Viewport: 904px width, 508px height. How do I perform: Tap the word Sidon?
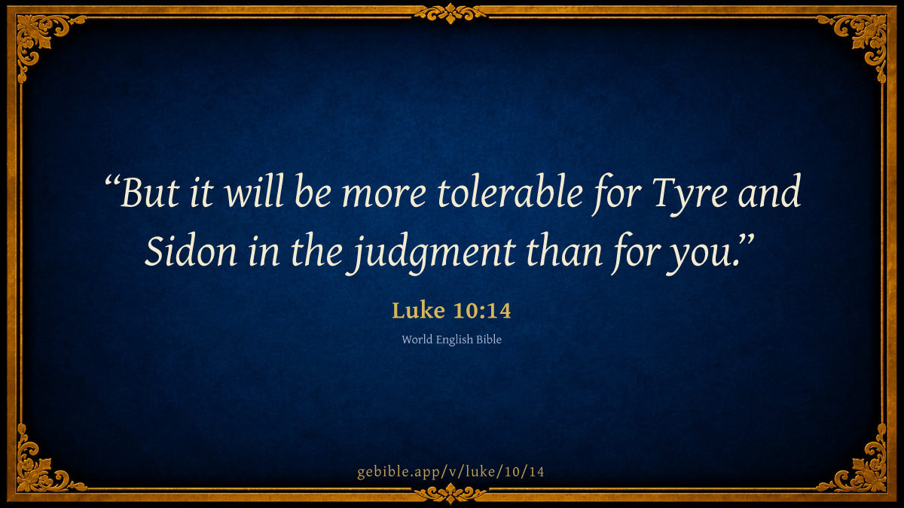click(191, 251)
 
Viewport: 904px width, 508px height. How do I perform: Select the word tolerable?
click(510, 191)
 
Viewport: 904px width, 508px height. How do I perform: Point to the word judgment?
click(431, 254)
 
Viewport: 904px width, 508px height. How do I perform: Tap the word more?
click(383, 196)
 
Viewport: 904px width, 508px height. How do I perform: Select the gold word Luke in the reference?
click(419, 310)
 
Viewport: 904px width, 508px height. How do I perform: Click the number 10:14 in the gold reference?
click(482, 311)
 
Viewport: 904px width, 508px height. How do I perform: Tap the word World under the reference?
click(417, 339)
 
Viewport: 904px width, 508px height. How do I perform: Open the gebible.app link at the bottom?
click(450, 472)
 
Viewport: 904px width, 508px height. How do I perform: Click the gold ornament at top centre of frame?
click(450, 13)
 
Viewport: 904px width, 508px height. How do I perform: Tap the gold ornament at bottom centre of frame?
click(450, 494)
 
